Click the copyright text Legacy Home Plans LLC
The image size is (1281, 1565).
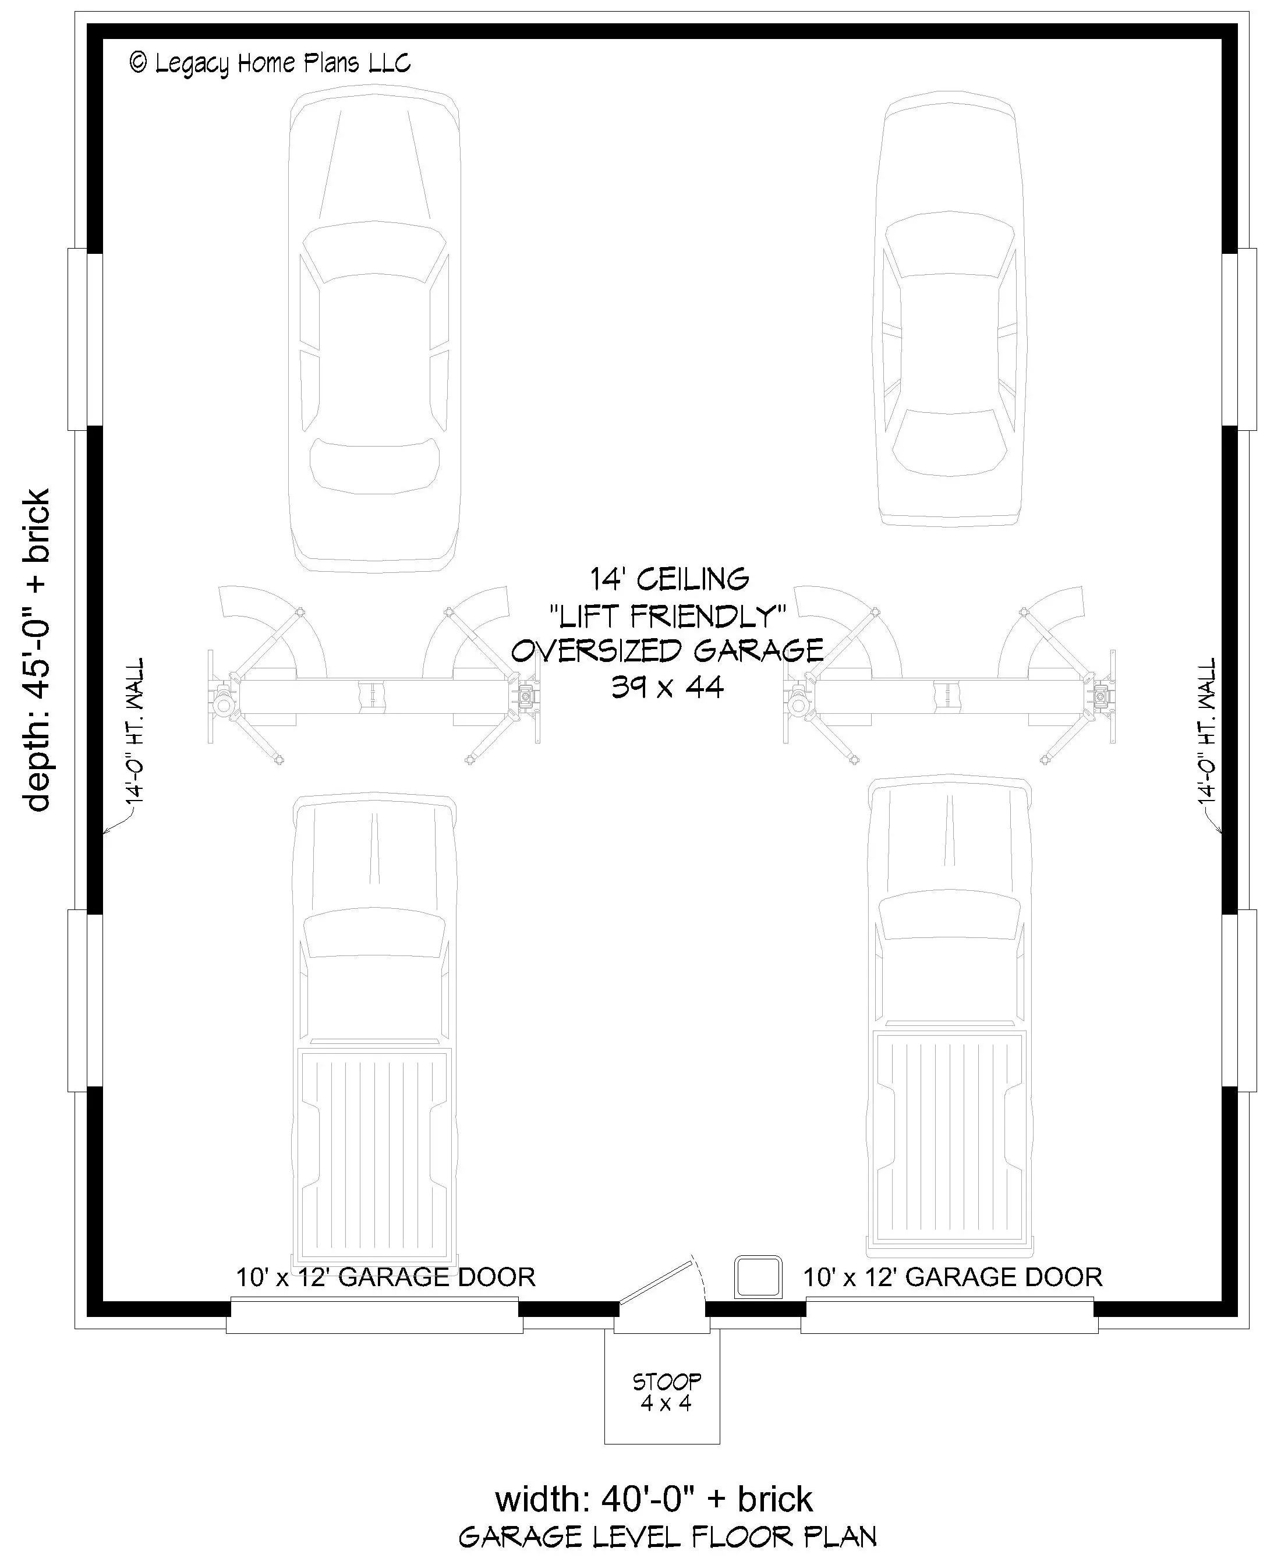270,63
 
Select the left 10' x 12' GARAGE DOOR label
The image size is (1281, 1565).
385,1277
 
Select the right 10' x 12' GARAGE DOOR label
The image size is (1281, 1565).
953,1277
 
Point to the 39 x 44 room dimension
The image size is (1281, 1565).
668,687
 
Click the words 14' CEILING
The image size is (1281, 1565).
669,579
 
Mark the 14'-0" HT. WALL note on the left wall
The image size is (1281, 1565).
135,731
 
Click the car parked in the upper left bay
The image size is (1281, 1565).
374,331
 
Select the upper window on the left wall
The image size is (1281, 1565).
86,339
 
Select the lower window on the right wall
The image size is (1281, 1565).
1239,1000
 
